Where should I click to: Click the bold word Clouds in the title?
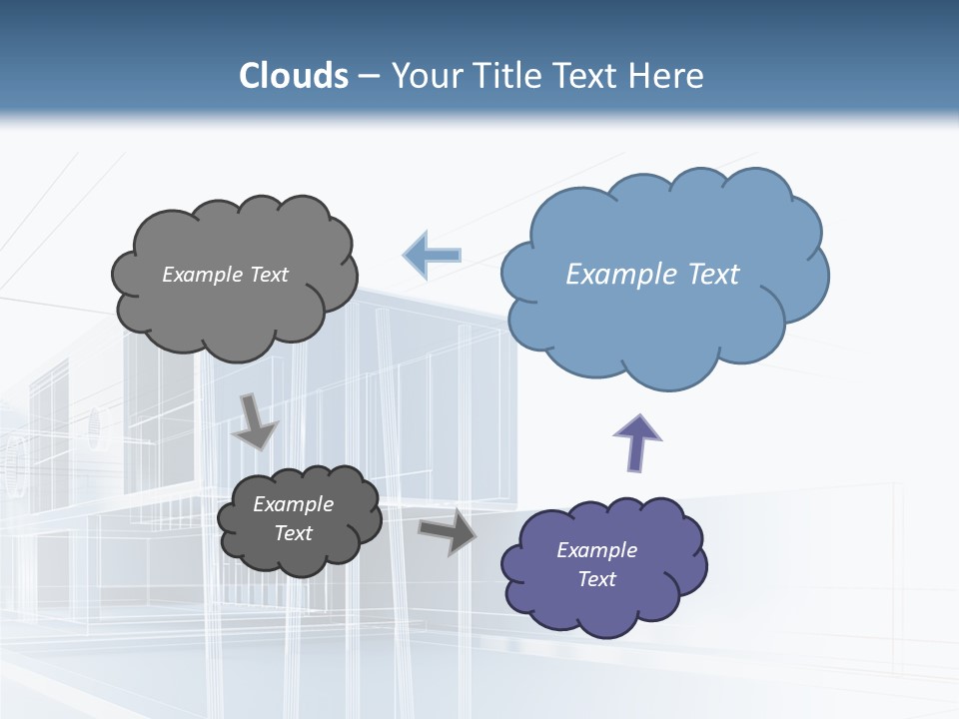pyautogui.click(x=294, y=76)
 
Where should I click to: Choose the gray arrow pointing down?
pyautogui.click(x=254, y=421)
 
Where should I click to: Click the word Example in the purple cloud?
pyautogui.click(x=596, y=550)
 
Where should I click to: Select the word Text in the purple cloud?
pyautogui.click(x=596, y=579)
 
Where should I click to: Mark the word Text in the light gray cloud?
pyautogui.click(x=268, y=275)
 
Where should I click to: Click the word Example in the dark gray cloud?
pyautogui.click(x=293, y=504)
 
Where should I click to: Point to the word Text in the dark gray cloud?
pyautogui.click(x=293, y=533)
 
